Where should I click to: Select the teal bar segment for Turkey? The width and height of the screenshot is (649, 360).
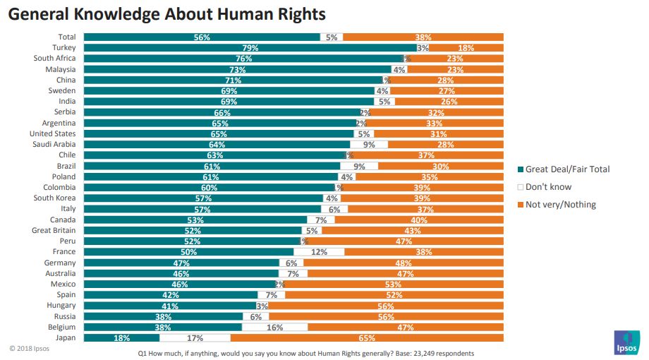click(x=250, y=48)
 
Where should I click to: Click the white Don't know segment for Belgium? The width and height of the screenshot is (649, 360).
click(x=274, y=328)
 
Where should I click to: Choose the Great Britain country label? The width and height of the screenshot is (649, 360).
click(x=54, y=230)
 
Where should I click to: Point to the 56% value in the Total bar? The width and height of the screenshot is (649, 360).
click(x=202, y=37)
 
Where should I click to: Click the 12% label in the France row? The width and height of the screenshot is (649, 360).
click(x=319, y=252)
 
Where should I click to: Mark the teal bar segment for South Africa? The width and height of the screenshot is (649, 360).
click(x=243, y=59)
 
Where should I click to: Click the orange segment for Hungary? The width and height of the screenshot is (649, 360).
click(x=387, y=306)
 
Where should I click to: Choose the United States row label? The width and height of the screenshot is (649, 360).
click(x=52, y=133)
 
